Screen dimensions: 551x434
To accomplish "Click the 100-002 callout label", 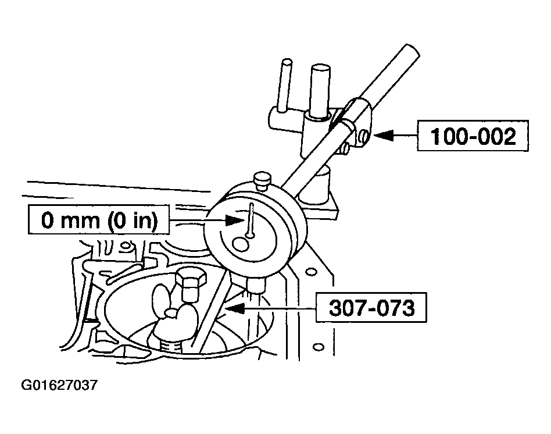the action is pyautogui.click(x=473, y=136).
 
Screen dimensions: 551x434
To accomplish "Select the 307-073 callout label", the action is pyautogui.click(x=371, y=307).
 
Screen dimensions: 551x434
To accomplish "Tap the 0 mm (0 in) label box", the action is pyautogui.click(x=98, y=220).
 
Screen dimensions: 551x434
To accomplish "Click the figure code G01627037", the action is pyautogui.click(x=59, y=385).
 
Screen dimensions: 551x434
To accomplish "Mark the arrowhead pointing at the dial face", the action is pyautogui.click(x=234, y=220).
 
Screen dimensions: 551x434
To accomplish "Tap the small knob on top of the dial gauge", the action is pyautogui.click(x=262, y=179).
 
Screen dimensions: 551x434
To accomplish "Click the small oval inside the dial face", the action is pyautogui.click(x=241, y=244).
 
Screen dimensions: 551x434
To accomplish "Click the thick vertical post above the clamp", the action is pyautogui.click(x=320, y=91).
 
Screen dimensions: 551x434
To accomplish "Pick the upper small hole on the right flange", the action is pyautogui.click(x=310, y=272).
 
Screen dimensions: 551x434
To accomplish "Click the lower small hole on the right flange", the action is pyautogui.click(x=318, y=347).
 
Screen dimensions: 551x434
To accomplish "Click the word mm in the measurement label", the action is pyautogui.click(x=80, y=221).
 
